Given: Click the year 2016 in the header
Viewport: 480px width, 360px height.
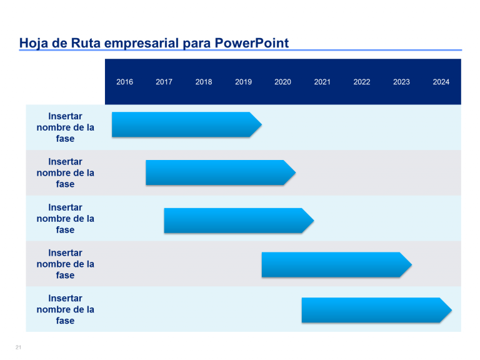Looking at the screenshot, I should pos(124,82).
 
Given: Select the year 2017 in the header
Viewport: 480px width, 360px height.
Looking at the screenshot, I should pos(164,82).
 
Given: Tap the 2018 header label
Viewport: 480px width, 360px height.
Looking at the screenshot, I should pos(204,82).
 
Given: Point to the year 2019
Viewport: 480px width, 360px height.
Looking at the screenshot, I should pos(243,82).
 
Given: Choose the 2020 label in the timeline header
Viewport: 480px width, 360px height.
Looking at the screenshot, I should pos(282,82).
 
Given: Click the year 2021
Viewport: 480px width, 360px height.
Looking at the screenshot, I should pos(322,82).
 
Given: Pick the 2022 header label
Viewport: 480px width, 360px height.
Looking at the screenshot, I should pos(362,82).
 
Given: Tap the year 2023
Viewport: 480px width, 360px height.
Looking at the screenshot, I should pos(401,82).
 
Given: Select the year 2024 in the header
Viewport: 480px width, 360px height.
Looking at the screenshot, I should pos(441,82).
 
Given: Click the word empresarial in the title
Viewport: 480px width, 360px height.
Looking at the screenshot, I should pos(141,43).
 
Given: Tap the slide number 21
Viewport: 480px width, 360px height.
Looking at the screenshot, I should pos(18,347).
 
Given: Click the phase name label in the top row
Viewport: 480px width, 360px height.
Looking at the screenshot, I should pos(65,127).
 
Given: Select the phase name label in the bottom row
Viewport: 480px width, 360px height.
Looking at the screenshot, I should pos(65,309).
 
